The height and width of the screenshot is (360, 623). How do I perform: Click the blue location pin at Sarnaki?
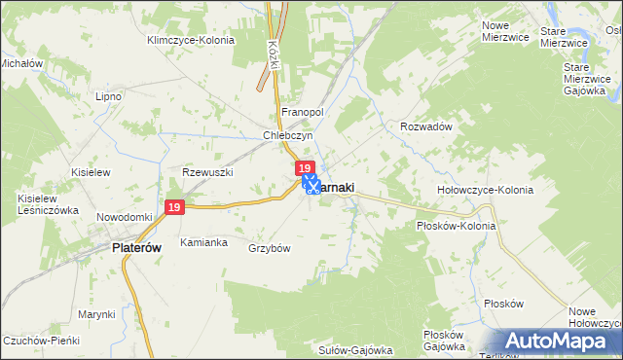tap(311, 182)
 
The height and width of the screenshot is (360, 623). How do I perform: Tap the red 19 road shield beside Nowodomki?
tap(174, 208)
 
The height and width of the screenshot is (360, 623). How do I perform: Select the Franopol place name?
tap(302, 112)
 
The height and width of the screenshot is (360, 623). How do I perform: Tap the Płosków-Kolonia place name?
tap(456, 226)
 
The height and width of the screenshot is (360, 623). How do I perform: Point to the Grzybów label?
tap(270, 248)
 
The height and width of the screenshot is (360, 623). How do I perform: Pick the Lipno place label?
tap(107, 97)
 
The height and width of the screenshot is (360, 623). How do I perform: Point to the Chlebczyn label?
tap(286, 136)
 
